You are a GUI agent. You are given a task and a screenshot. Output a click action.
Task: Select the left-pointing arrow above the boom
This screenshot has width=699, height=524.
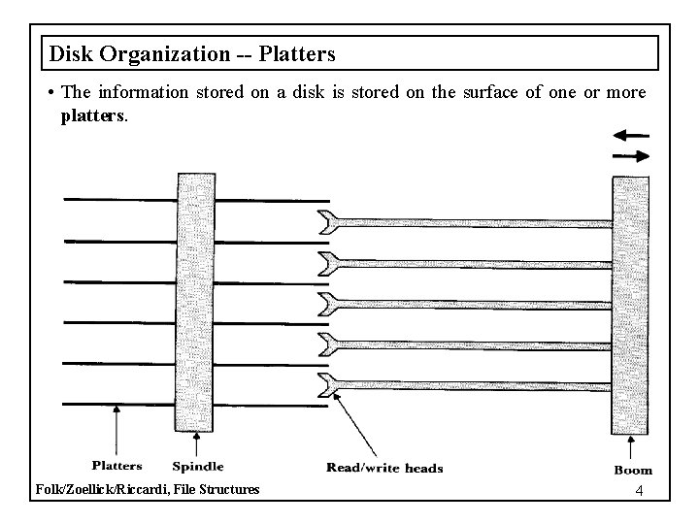632,135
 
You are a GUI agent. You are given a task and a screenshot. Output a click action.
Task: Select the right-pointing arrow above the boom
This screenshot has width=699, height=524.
632,155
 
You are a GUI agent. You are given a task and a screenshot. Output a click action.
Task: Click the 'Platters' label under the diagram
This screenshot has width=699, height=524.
116,467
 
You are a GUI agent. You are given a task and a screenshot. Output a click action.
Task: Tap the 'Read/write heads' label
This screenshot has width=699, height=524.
384,468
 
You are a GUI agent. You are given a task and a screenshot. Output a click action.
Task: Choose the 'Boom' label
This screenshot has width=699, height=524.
632,470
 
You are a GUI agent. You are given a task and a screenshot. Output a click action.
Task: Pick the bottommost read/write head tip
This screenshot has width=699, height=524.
328,385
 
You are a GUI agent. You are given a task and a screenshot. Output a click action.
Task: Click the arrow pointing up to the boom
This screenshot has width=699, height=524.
632,447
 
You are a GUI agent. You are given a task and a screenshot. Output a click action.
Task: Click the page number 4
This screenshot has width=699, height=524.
638,491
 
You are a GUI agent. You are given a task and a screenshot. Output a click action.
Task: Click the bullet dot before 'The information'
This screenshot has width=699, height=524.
49,94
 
